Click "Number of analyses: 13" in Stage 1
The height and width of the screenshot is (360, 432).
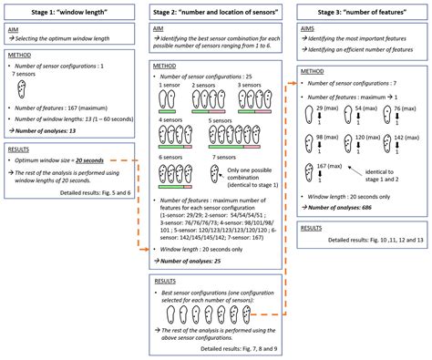(51, 130)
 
